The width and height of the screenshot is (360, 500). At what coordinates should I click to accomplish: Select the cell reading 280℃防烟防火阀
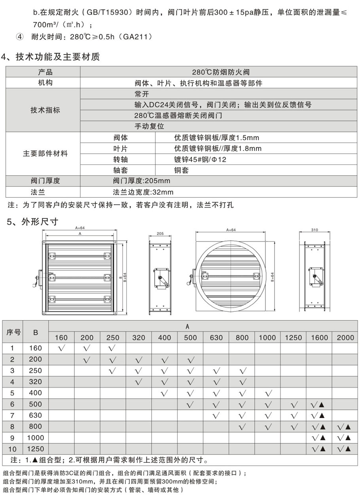tap(221, 72)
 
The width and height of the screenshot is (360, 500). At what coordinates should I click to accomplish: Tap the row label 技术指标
tap(45, 110)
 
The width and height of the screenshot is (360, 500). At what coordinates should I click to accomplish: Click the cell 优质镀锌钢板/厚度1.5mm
tap(216, 138)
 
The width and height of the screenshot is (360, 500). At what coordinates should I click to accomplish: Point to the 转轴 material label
tap(121, 160)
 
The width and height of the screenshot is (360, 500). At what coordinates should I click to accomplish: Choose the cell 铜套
tap(182, 170)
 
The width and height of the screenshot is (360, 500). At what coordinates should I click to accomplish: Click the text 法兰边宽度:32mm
tap(143, 192)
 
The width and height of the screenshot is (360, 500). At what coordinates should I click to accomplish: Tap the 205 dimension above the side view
tap(160, 234)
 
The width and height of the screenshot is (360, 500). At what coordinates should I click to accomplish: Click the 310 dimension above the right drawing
tap(315, 230)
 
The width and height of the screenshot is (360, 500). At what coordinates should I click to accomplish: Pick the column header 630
tap(216, 338)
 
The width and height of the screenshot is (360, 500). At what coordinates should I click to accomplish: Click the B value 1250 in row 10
tap(36, 449)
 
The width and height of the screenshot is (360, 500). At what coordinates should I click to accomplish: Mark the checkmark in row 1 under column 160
tap(61, 348)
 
